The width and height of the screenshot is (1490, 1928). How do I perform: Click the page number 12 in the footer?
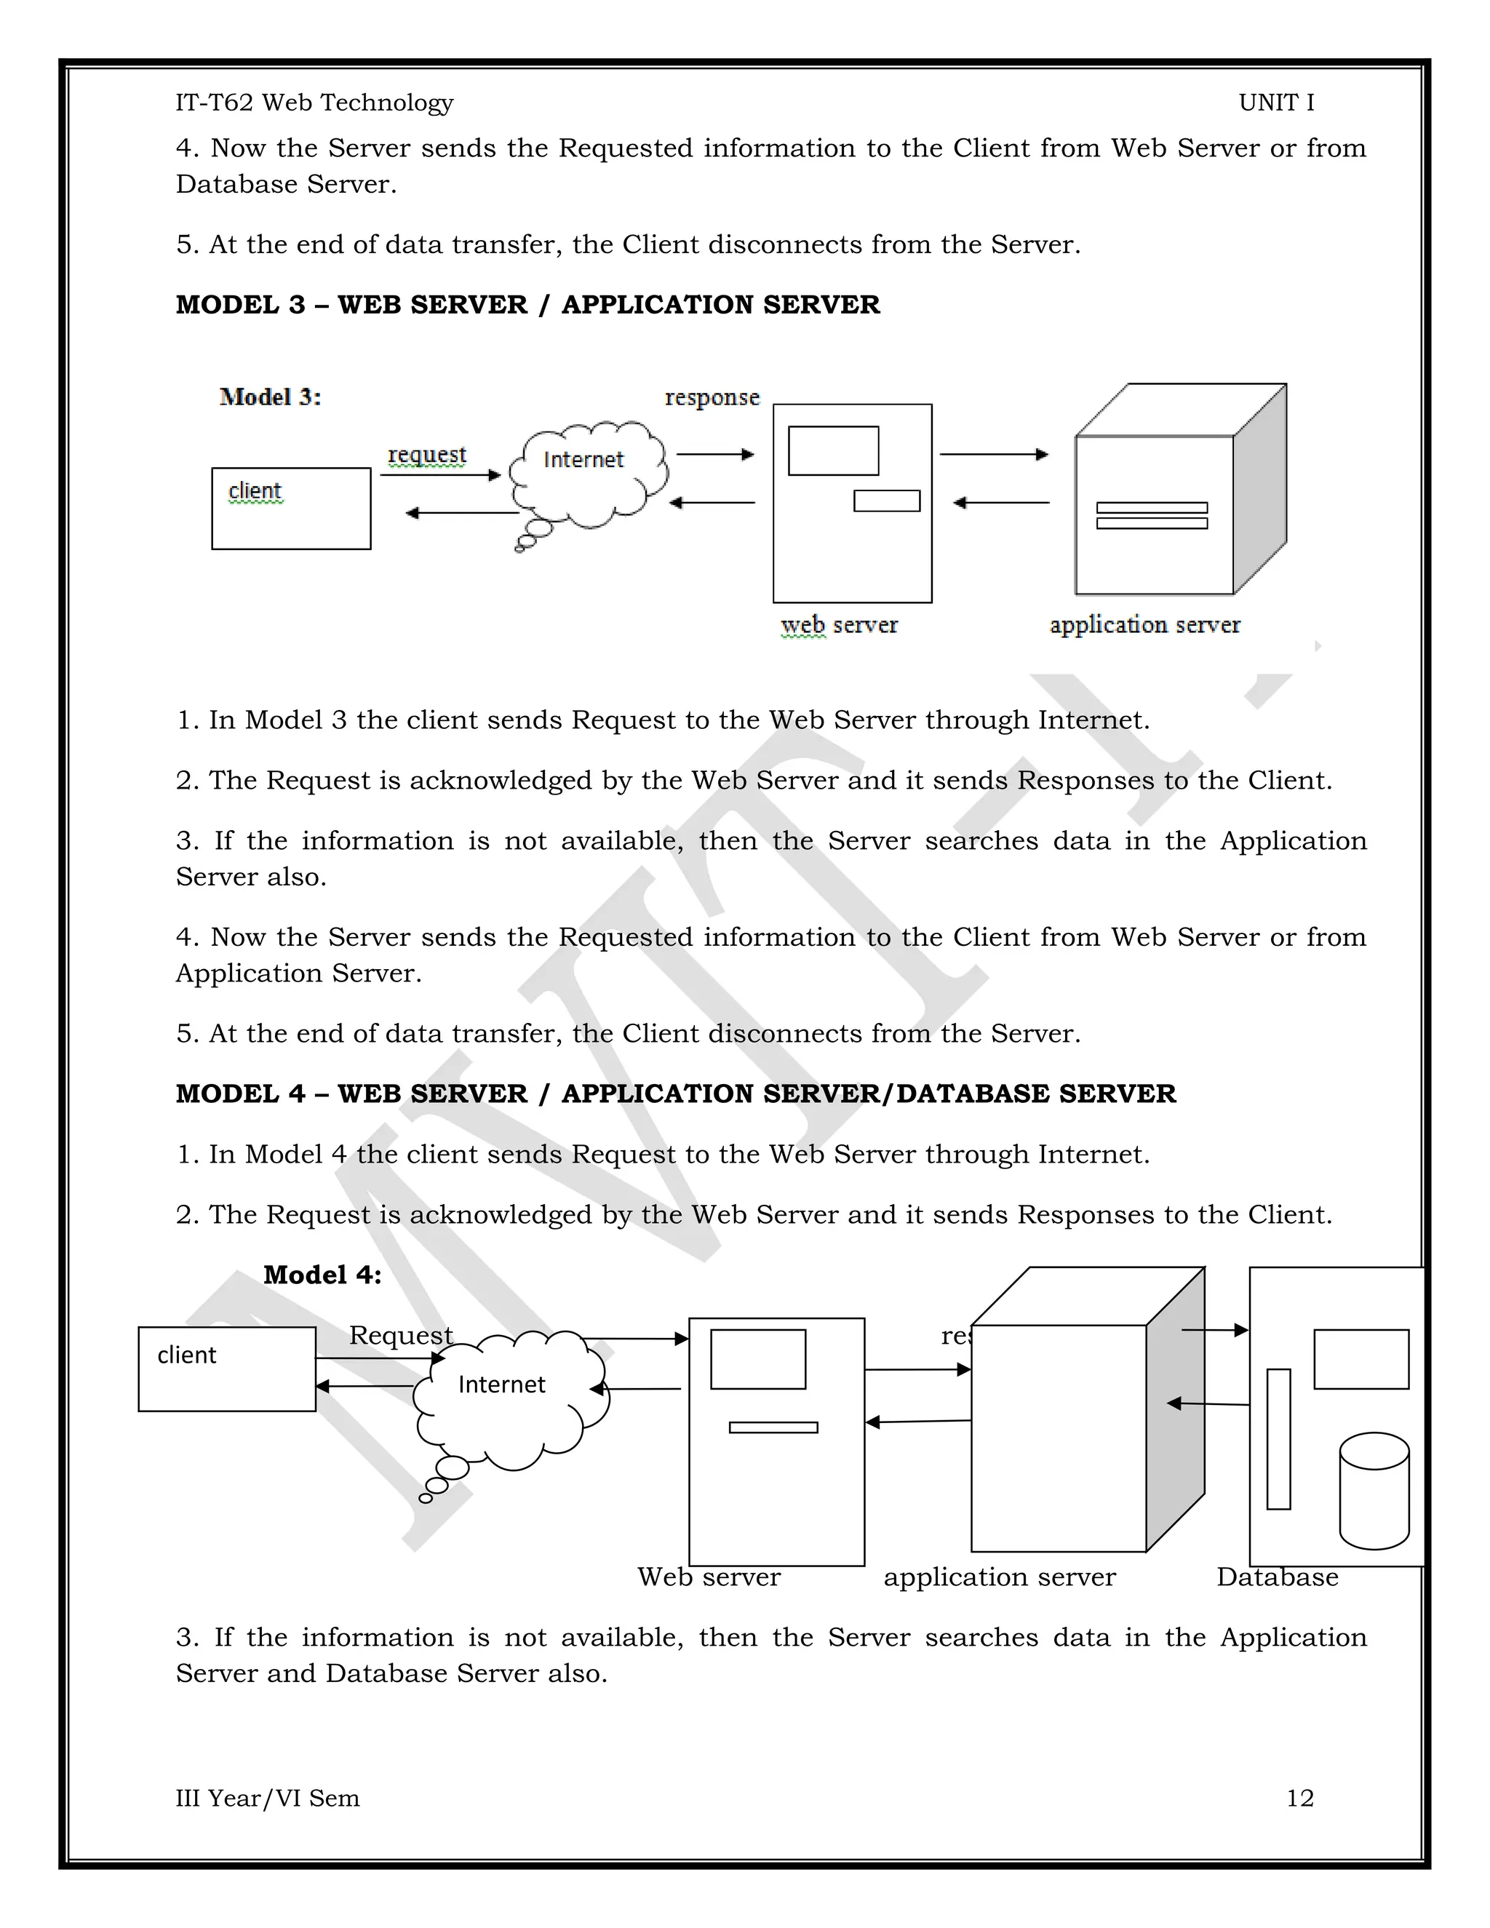(1299, 1798)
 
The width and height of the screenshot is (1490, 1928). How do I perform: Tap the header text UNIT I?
(1275, 103)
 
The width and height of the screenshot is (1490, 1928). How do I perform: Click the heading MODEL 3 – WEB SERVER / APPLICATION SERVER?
(527, 305)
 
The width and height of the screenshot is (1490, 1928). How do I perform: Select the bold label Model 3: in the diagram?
(270, 397)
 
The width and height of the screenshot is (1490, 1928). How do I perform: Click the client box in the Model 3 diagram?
(290, 509)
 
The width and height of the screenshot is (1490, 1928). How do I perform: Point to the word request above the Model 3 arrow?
(426, 455)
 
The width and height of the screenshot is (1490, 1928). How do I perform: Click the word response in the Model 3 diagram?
(712, 397)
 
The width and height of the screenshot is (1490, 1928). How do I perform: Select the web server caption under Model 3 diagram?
(839, 625)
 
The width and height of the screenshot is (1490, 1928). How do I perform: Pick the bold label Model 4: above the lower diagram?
(322, 1275)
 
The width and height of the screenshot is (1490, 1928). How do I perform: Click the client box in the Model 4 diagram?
(227, 1369)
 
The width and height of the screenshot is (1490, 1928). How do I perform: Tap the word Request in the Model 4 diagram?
(400, 1335)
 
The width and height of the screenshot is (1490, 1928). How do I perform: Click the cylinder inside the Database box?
(1374, 1491)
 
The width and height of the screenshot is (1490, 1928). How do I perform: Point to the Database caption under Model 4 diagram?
(1276, 1577)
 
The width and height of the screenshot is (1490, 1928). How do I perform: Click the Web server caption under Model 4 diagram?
(709, 1577)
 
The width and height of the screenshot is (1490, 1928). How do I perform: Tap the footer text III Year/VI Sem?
(268, 1798)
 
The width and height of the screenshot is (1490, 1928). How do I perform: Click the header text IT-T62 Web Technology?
(314, 103)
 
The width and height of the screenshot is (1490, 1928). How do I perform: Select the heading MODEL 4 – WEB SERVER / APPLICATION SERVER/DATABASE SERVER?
(675, 1094)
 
